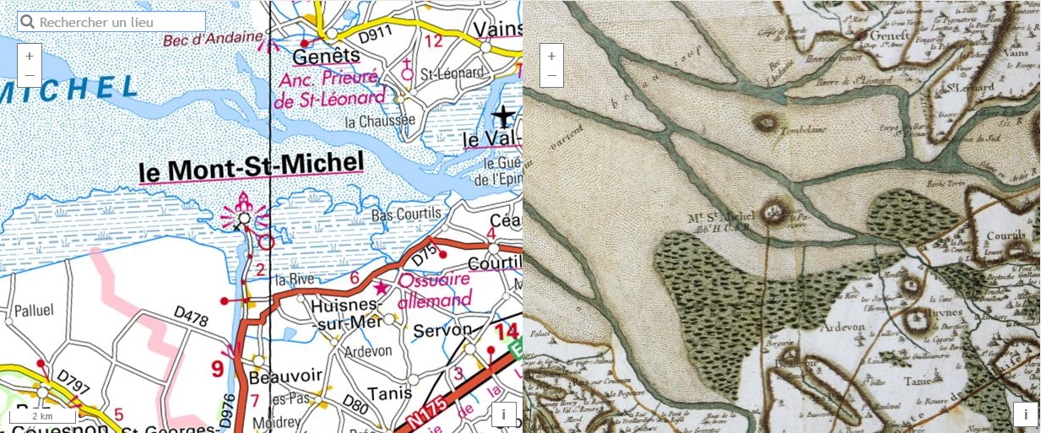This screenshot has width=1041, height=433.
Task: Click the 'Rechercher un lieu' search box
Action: [x=111, y=22]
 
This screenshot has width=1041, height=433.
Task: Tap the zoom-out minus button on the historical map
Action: [x=551, y=75]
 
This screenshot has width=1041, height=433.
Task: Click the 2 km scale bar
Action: [x=42, y=416]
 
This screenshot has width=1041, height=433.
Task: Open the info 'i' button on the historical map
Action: [x=1025, y=414]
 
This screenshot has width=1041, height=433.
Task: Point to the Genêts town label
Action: [x=326, y=57]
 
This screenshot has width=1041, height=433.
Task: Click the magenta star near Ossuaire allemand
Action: [x=382, y=288]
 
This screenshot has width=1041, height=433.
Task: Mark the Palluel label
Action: [x=34, y=311]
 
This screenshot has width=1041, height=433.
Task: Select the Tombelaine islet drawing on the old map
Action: [x=766, y=123]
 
